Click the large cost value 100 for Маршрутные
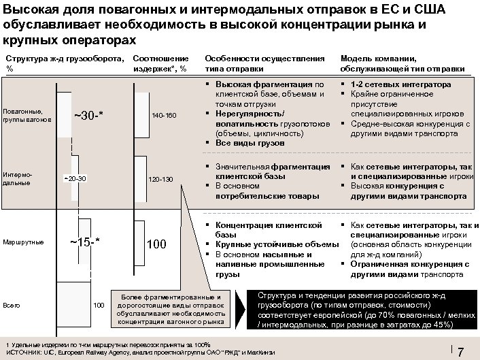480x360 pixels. [x=156, y=244]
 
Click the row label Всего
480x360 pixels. [x=11, y=304]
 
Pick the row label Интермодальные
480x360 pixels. [x=16, y=178]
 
